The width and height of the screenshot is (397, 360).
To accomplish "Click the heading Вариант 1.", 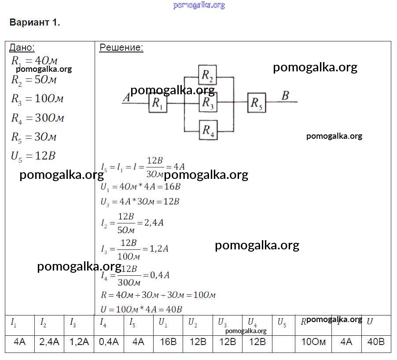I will pyautogui.click(x=35, y=23).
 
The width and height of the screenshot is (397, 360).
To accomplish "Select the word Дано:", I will pyautogui.click(x=22, y=48).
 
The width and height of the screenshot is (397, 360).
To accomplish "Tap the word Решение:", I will pyautogui.click(x=121, y=48).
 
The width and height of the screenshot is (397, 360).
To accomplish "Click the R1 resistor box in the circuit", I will pyautogui.click(x=157, y=104).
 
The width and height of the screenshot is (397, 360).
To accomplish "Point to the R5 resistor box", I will pyautogui.click(x=256, y=103).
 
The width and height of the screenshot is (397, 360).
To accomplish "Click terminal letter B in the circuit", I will pyautogui.click(x=285, y=96).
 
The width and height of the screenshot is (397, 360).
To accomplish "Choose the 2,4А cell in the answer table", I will pyautogui.click(x=49, y=342).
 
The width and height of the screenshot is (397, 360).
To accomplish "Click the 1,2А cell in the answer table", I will pyautogui.click(x=79, y=342).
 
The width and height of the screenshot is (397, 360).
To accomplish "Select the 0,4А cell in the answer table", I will pyautogui.click(x=109, y=342).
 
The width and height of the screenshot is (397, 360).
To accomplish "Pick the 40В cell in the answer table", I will pyautogui.click(x=376, y=342).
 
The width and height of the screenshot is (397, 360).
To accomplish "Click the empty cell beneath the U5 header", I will pyautogui.click(x=287, y=342).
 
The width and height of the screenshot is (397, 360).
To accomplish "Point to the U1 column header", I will pyautogui.click(x=163, y=323).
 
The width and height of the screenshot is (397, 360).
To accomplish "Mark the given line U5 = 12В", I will pyautogui.click(x=33, y=156).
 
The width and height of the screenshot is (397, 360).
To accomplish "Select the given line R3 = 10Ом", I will pyautogui.click(x=37, y=99).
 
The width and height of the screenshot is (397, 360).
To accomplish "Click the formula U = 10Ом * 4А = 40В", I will pyautogui.click(x=141, y=309).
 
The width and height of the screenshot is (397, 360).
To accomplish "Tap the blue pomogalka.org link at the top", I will pyautogui.click(x=199, y=5).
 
